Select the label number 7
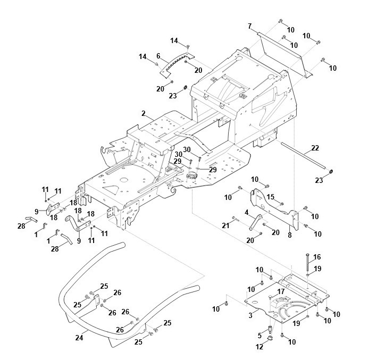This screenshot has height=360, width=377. coord(249,26)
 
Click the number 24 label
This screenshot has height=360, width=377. coord(79,337)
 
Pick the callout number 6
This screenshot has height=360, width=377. coord(158,55)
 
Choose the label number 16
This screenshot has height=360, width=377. coord(317,256)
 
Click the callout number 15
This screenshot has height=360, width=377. coord(270,197)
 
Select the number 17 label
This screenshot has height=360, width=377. coord(281,291)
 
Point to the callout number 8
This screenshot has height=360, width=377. coord(289,234)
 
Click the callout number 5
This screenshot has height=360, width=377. coord(260,335)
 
